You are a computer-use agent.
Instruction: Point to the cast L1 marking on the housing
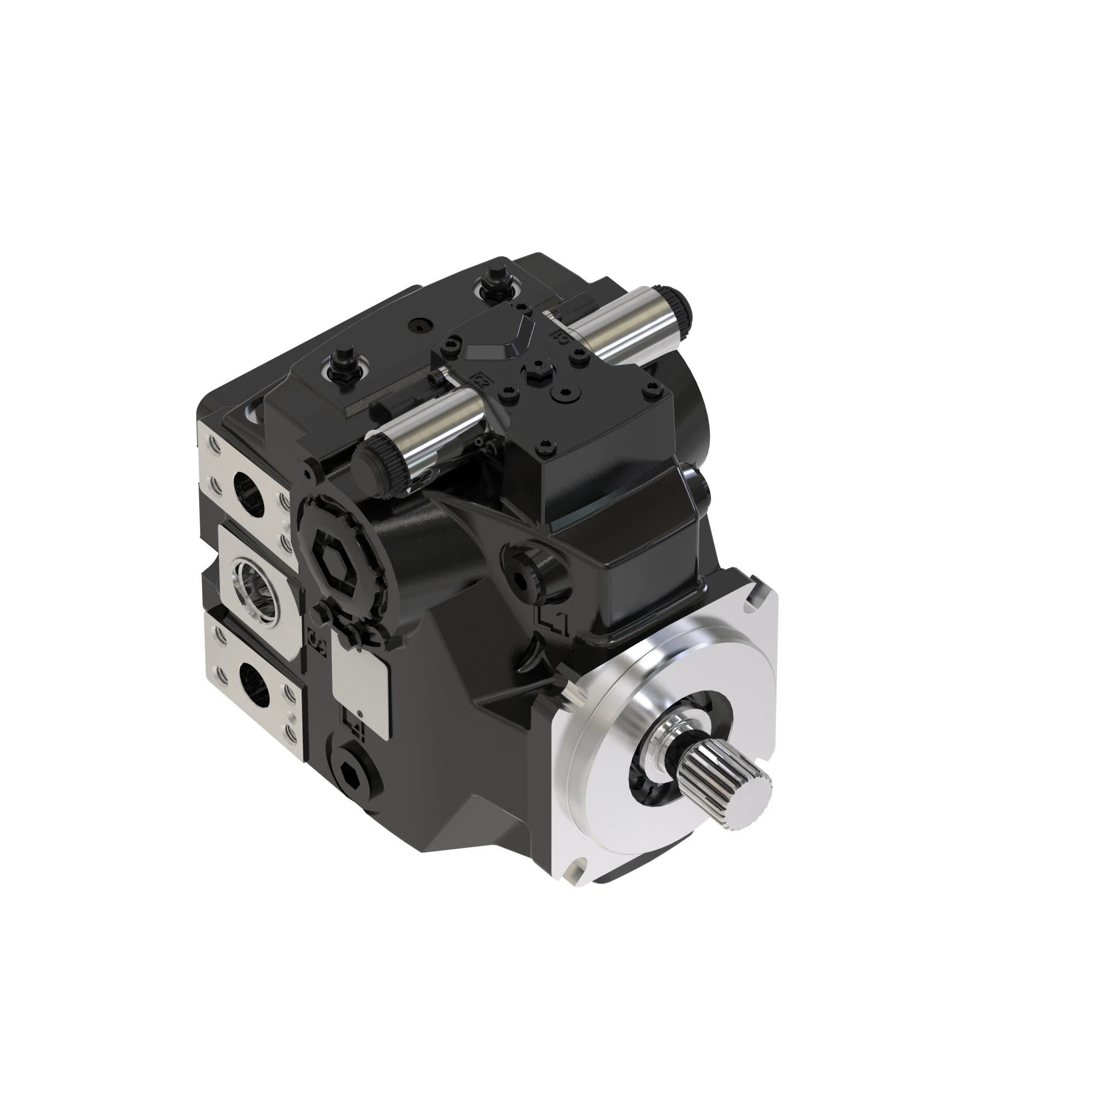552,623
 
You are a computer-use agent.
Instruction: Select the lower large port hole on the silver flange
254,684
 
